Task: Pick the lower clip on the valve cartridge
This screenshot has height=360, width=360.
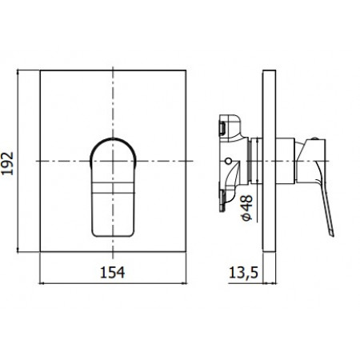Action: (x=224, y=202)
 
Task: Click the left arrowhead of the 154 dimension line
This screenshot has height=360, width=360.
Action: (x=42, y=282)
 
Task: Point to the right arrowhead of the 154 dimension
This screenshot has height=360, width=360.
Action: (x=188, y=282)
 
